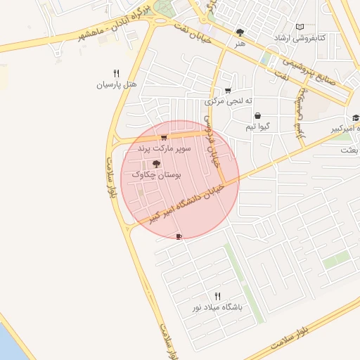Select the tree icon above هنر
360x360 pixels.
click(240, 32)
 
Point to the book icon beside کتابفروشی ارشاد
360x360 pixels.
click(300, 27)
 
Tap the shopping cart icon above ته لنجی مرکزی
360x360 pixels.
click(227, 91)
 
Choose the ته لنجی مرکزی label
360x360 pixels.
click(227, 102)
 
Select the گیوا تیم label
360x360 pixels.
click(258, 127)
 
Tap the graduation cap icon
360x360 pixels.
click(356, 118)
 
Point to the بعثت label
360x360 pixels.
click(349, 150)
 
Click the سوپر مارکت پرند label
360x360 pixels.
click(164, 149)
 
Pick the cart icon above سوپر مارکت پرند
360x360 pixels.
click(164, 138)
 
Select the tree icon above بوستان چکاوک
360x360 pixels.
click(156, 163)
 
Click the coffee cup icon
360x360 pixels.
click(179, 236)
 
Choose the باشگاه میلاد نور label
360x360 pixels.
click(217, 308)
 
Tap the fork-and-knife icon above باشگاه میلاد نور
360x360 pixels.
click(217, 297)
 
